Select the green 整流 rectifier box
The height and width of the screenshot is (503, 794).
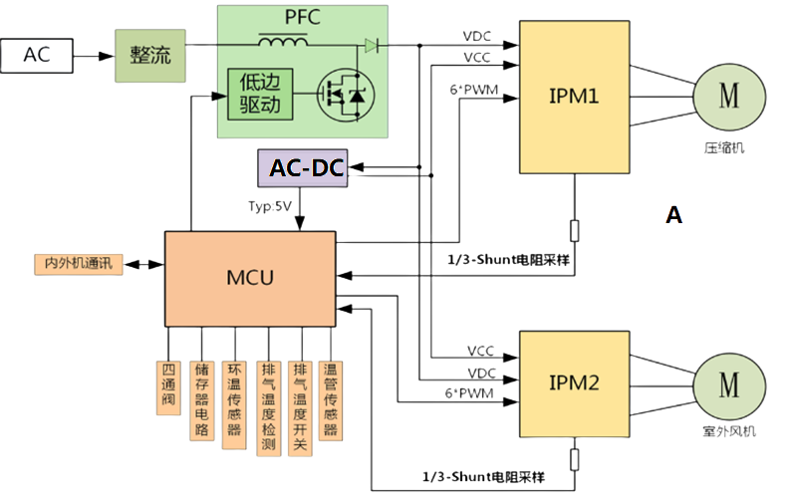tap(150, 56)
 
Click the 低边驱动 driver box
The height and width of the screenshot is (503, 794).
tap(260, 96)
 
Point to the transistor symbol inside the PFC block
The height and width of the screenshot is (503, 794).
tap(339, 96)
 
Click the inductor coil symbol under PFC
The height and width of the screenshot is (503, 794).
tap(285, 43)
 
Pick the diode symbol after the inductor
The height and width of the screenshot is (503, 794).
tap(372, 45)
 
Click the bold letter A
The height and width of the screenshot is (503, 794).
tap(673, 214)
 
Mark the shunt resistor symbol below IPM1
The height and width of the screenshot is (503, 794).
tap(574, 230)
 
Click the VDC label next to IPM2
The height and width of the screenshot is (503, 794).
tap(481, 374)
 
